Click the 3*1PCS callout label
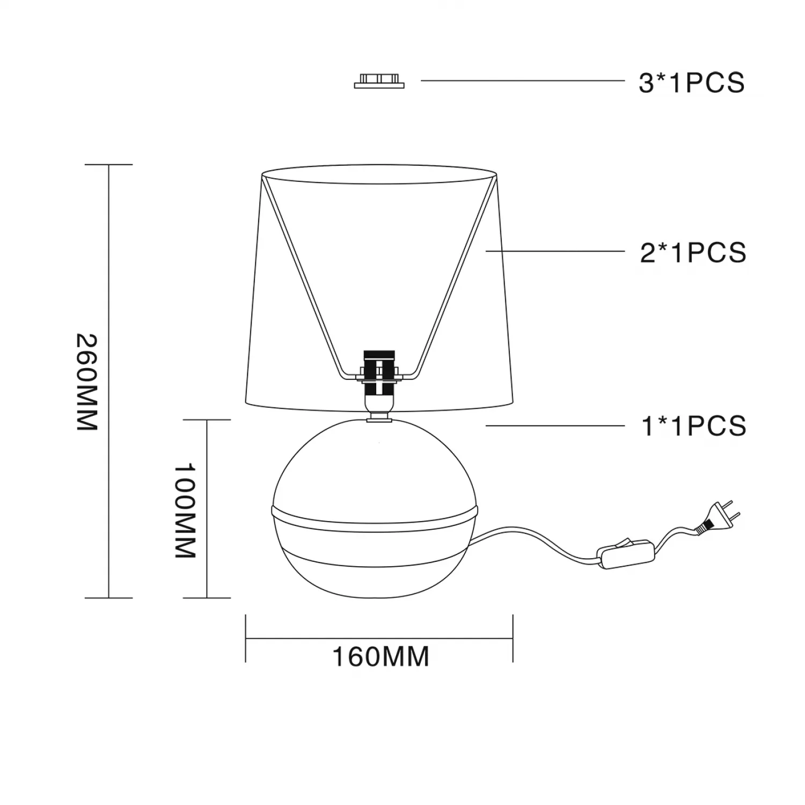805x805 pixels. (692, 83)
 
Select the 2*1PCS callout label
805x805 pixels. (693, 252)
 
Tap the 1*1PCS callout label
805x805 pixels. (694, 426)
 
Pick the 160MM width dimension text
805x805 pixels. (381, 656)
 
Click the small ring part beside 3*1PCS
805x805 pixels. (379, 81)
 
